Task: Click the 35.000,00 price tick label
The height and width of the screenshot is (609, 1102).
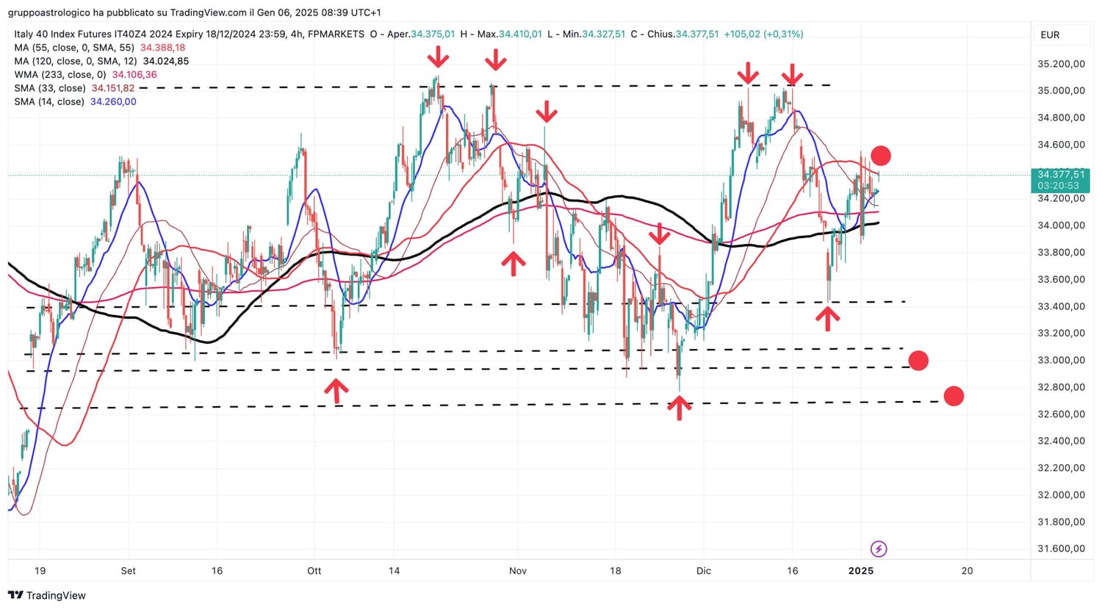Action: (1061, 91)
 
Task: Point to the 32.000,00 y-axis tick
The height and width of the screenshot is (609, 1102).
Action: (1061, 495)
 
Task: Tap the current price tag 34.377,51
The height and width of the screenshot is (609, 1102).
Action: (1061, 175)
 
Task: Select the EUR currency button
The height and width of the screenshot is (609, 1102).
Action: (1050, 35)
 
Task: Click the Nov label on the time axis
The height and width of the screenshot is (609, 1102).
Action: (518, 571)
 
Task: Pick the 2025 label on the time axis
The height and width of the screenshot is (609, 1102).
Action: (860, 571)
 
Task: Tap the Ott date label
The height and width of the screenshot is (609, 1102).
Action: (314, 571)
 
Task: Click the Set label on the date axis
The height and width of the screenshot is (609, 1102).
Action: (128, 571)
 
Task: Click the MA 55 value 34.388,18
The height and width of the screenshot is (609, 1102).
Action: (162, 48)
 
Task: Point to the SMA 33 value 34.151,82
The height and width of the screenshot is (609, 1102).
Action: (112, 88)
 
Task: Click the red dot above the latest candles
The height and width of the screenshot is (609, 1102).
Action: (880, 156)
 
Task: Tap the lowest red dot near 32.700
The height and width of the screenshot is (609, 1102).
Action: (953, 397)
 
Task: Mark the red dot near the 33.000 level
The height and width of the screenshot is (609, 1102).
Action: (918, 361)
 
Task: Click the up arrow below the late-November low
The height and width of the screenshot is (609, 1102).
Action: (679, 408)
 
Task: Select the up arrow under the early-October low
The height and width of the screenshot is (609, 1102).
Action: (336, 391)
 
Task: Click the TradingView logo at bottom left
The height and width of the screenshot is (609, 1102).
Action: (47, 596)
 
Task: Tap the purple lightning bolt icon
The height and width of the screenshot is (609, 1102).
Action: (878, 549)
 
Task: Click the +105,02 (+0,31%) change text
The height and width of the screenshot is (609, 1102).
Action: (763, 35)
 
